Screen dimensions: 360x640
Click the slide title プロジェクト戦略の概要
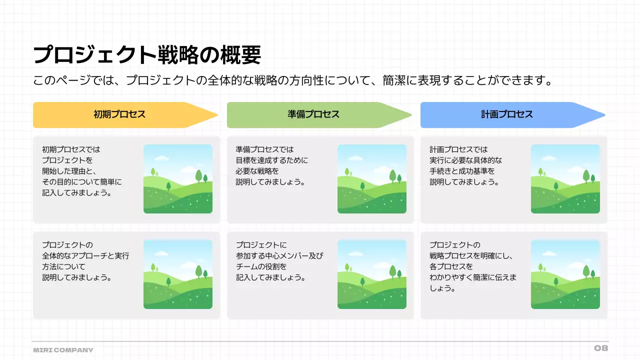click(147, 55)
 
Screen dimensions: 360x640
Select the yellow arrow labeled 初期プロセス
click(120, 114)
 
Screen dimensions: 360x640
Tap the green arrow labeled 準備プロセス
click(313, 114)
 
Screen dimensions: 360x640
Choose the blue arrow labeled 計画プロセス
click(507, 114)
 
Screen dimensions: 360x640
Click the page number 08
click(600, 348)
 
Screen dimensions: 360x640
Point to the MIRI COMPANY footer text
click(63, 350)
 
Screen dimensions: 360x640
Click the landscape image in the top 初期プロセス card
click(177, 179)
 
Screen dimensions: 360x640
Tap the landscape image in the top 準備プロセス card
click(371, 179)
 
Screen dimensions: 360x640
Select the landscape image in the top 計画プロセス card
click(565, 179)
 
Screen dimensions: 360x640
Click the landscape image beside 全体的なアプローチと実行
click(177, 274)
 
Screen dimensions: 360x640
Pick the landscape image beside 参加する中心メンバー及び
click(371, 274)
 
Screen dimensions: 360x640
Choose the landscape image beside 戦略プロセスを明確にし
click(565, 274)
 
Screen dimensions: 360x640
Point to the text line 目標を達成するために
click(271, 160)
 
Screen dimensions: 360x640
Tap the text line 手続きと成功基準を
click(462, 171)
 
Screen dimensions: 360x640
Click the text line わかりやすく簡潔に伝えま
click(472, 277)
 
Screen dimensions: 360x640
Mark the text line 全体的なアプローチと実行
click(85, 256)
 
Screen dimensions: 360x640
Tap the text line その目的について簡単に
click(81, 182)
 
